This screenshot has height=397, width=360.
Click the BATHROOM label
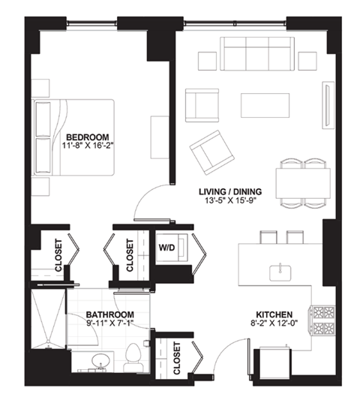click(109, 314)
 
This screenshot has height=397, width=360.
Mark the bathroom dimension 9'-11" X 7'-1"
click(109, 325)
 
